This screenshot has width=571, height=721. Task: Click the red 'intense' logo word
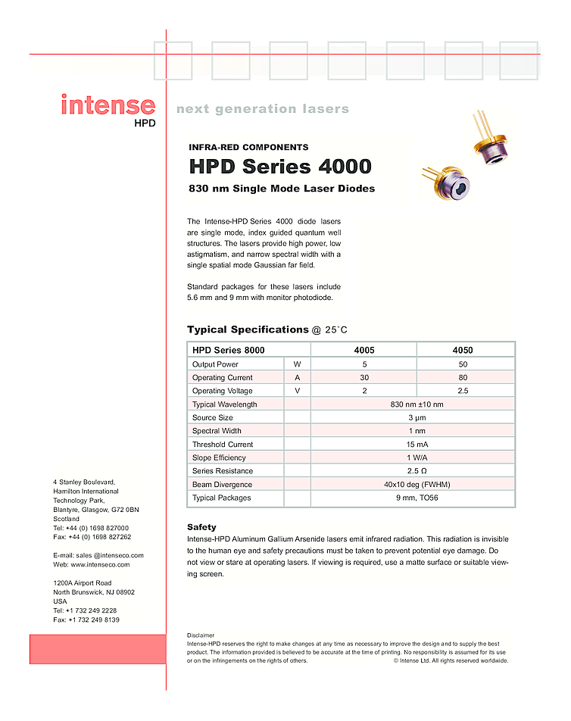click(108, 105)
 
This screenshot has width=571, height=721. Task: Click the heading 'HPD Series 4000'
click(279, 167)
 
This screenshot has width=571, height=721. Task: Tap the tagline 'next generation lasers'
click(262, 109)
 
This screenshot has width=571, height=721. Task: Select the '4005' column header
click(364, 351)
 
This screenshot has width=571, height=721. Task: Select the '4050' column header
click(463, 351)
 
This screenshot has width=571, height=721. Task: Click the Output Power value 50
click(463, 364)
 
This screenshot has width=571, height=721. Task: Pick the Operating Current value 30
click(364, 377)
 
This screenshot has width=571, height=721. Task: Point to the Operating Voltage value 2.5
click(463, 391)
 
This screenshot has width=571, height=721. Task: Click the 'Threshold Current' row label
click(223, 445)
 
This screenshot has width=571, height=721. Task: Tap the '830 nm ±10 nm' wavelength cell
click(413, 404)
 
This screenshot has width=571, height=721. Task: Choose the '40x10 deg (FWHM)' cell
click(413, 485)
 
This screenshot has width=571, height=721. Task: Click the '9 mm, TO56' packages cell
click(413, 498)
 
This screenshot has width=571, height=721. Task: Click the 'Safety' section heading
click(201, 527)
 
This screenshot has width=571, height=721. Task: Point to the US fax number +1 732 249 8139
click(93, 620)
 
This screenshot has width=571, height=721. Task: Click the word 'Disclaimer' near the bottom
click(201, 635)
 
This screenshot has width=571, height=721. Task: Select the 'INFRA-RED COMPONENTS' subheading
click(248, 148)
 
